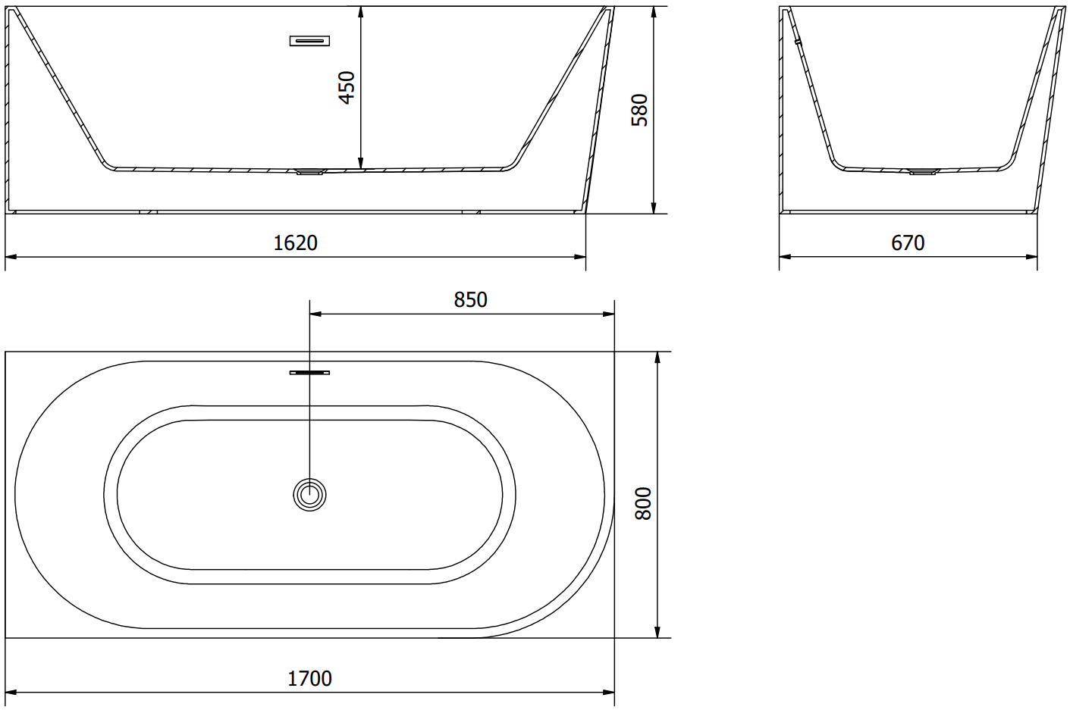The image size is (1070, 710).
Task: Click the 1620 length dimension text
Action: pyautogui.click(x=295, y=243)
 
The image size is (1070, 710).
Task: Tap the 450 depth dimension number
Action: pyautogui.click(x=347, y=87)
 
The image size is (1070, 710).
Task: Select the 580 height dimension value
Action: pyautogui.click(x=639, y=110)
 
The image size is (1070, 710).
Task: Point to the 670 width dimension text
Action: pyautogui.click(x=908, y=243)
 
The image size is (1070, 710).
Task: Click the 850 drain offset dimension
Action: pyautogui.click(x=470, y=299)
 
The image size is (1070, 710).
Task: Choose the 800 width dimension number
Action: pyautogui.click(x=643, y=503)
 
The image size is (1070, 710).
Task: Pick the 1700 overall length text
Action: pyautogui.click(x=309, y=678)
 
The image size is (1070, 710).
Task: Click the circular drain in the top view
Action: pyautogui.click(x=309, y=494)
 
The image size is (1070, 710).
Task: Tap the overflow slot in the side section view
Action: pyautogui.click(x=309, y=41)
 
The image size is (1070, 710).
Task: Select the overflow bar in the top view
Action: pyautogui.click(x=309, y=373)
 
